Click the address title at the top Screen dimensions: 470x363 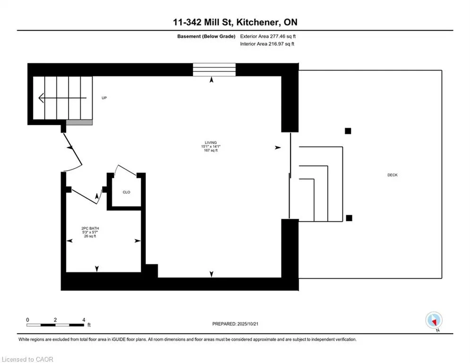pyautogui.click(x=235, y=22)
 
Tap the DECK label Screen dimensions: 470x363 pyautogui.click(x=393, y=175)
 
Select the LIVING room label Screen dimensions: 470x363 pyautogui.click(x=211, y=142)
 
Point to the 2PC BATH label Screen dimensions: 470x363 pyautogui.click(x=90, y=228)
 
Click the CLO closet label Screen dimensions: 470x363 pyautogui.click(x=127, y=192)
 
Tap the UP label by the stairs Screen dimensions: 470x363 pyautogui.click(x=104, y=98)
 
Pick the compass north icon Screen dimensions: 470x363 pyautogui.click(x=434, y=320)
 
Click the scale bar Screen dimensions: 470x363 pyautogui.click(x=55, y=325)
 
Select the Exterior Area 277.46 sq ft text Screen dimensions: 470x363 pyautogui.click(x=268, y=36)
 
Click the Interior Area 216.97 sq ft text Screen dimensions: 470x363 pyautogui.click(x=267, y=44)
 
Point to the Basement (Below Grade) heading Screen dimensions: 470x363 pyautogui.click(x=206, y=36)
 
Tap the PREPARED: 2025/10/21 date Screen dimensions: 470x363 pyautogui.click(x=235, y=324)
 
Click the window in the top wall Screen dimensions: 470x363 pyautogui.click(x=214, y=69)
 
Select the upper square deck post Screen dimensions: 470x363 pyautogui.click(x=348, y=131)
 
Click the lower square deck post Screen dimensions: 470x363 pyautogui.click(x=349, y=218)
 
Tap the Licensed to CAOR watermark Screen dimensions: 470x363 pyautogui.click(x=27, y=359)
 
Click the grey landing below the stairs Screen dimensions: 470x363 pyautogui.click(x=79, y=122)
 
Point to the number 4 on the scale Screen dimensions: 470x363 pyautogui.click(x=84, y=320)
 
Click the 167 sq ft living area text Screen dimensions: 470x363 pyautogui.click(x=211, y=150)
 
